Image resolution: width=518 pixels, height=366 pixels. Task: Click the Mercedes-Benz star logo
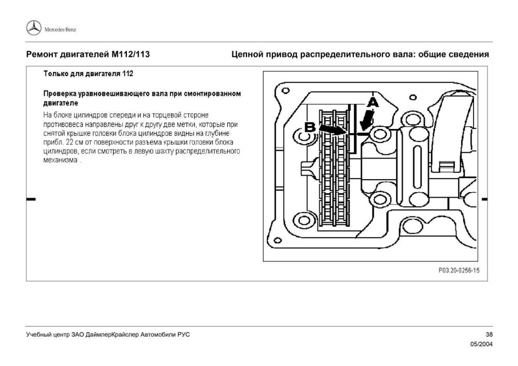point(34,28)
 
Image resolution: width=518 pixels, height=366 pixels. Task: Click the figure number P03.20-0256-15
point(459,270)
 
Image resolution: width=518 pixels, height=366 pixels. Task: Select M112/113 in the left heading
point(131,54)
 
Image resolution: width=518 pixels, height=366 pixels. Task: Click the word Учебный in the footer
point(39,335)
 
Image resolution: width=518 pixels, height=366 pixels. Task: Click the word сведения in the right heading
point(468,54)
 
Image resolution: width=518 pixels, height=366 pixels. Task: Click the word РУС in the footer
point(183,335)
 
